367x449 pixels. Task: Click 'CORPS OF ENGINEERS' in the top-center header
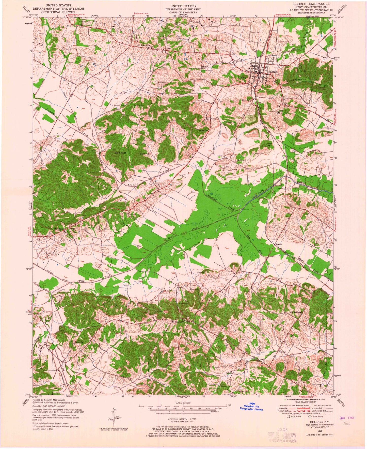(x=183, y=12)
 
